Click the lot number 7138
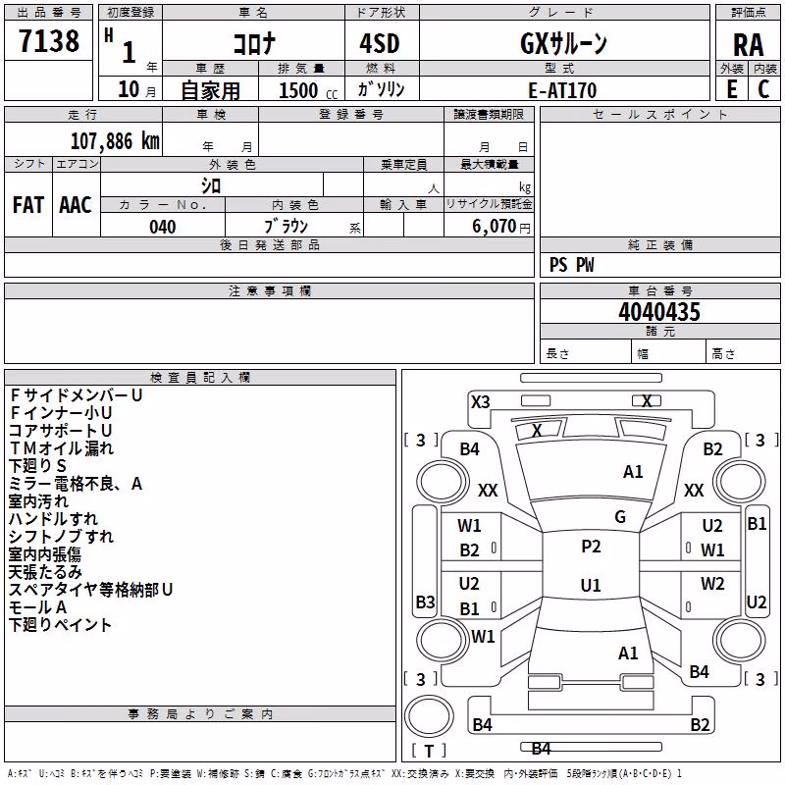[49, 40]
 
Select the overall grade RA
[748, 45]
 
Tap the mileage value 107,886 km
[115, 141]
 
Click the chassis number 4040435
[659, 312]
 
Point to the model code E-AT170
[562, 90]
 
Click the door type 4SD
[380, 44]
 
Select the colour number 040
[163, 227]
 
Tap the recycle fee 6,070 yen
[500, 227]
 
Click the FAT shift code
[28, 205]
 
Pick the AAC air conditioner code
[76, 205]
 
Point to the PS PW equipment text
[571, 265]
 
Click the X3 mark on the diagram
[481, 402]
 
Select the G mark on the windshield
[620, 517]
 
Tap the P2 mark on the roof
[591, 547]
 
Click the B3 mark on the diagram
[425, 602]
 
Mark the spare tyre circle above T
[429, 716]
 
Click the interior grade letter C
[763, 89]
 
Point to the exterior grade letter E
[732, 89]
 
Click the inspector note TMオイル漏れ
[61, 448]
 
